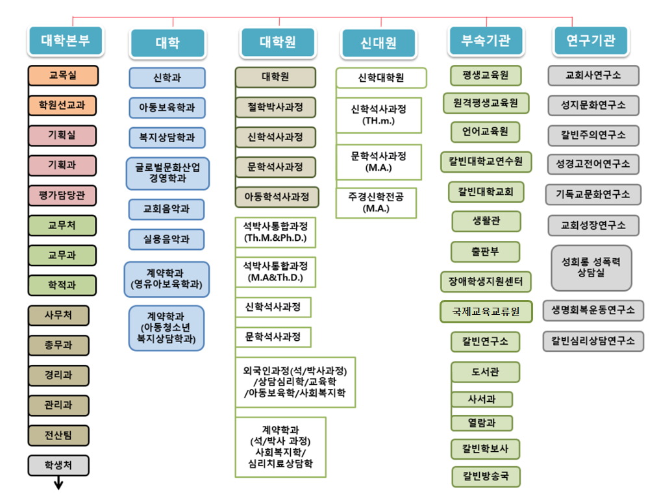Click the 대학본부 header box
[66, 41]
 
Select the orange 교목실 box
[63, 75]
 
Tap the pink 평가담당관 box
[62, 195]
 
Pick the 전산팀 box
[58, 436]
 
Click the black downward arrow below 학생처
[58, 483]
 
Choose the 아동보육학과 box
[167, 108]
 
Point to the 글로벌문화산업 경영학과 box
[168, 173]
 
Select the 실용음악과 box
[166, 239]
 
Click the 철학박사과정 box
[275, 107]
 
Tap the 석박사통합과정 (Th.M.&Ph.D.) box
[275, 232]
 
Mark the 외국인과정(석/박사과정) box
[295, 382]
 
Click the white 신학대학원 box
[381, 78]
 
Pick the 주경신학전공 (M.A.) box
[376, 203]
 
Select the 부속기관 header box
[486, 41]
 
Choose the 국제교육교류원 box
[486, 312]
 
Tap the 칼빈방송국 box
[486, 476]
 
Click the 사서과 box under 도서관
[482, 399]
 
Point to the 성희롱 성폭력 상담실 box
[591, 268]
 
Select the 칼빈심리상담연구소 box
[593, 341]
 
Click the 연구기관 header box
[591, 41]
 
